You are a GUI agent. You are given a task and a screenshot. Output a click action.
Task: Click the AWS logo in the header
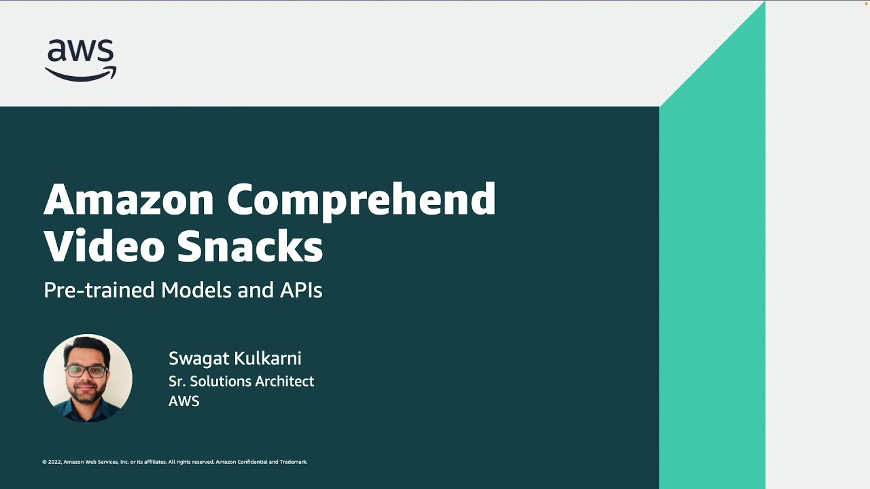tap(80, 60)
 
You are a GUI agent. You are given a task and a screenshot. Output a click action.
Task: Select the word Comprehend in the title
tap(361, 200)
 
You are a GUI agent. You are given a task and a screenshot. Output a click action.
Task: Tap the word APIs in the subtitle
tap(300, 290)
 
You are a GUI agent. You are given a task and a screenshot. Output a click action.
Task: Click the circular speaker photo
tap(88, 378)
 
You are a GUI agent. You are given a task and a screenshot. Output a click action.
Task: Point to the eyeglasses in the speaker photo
tap(86, 372)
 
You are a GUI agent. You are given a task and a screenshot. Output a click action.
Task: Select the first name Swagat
tap(198, 359)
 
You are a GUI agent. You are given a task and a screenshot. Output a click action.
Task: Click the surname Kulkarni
tap(268, 358)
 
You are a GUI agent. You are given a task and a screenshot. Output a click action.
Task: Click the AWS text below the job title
tap(184, 401)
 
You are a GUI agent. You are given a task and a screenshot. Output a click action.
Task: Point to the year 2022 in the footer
tap(54, 462)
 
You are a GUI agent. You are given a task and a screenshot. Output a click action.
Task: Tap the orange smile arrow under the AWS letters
tap(80, 73)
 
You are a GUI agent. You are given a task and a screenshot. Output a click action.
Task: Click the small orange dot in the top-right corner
tap(866, 3)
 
